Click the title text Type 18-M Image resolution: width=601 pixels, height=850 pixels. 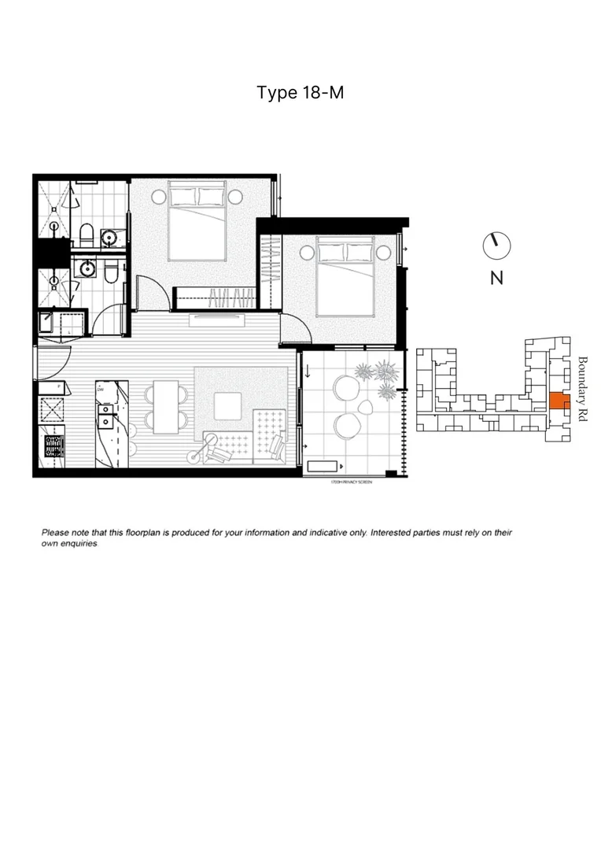(x=300, y=93)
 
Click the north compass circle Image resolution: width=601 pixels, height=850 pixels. (x=496, y=245)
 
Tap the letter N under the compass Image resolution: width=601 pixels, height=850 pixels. (x=496, y=278)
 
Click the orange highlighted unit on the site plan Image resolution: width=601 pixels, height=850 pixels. (x=556, y=401)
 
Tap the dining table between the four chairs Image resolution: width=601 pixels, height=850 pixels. (x=165, y=406)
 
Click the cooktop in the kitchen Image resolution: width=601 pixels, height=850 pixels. (x=53, y=445)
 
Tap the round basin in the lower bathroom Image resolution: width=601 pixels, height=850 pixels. (x=86, y=270)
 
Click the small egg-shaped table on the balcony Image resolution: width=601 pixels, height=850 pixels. (x=368, y=406)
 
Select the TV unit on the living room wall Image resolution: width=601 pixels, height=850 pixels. (x=218, y=319)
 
